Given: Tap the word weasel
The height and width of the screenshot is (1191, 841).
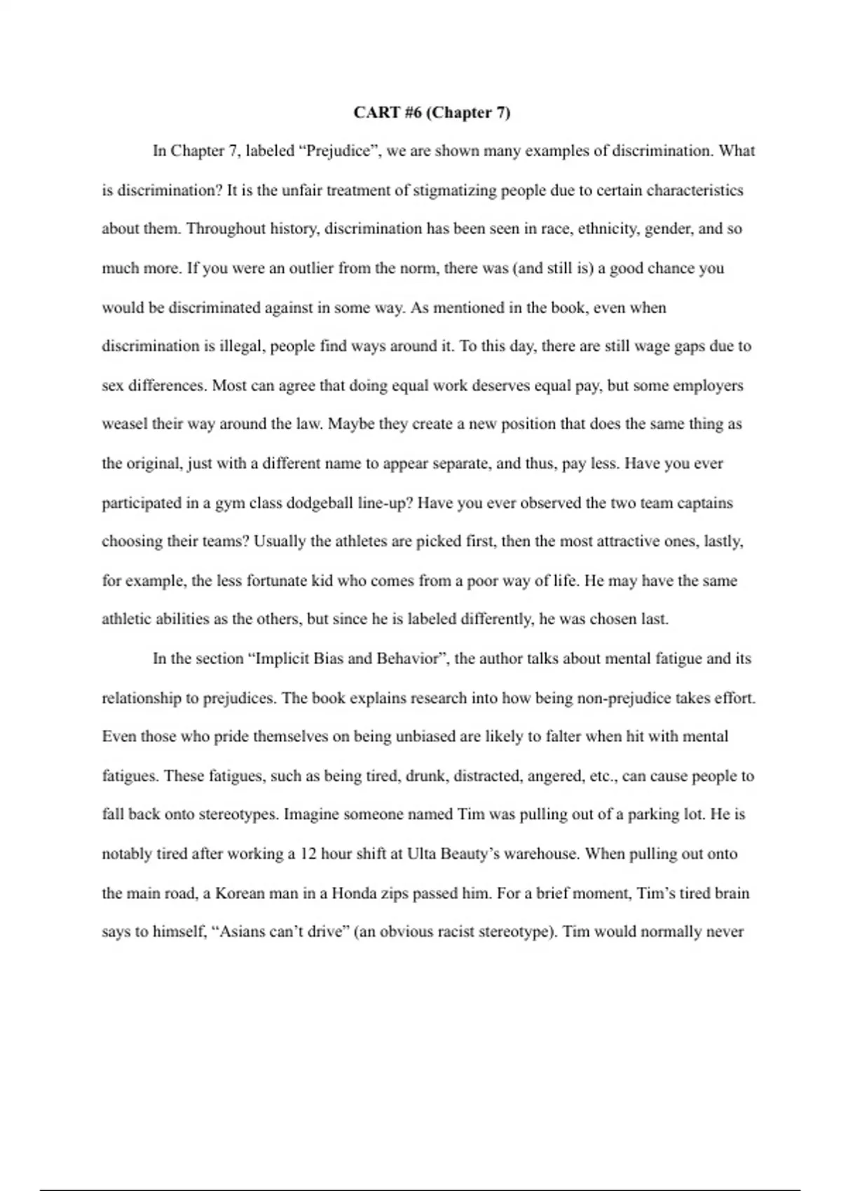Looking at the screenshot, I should pyautogui.click(x=124, y=424).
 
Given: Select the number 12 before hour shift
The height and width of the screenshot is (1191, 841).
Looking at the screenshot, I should pyautogui.click(x=308, y=854).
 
